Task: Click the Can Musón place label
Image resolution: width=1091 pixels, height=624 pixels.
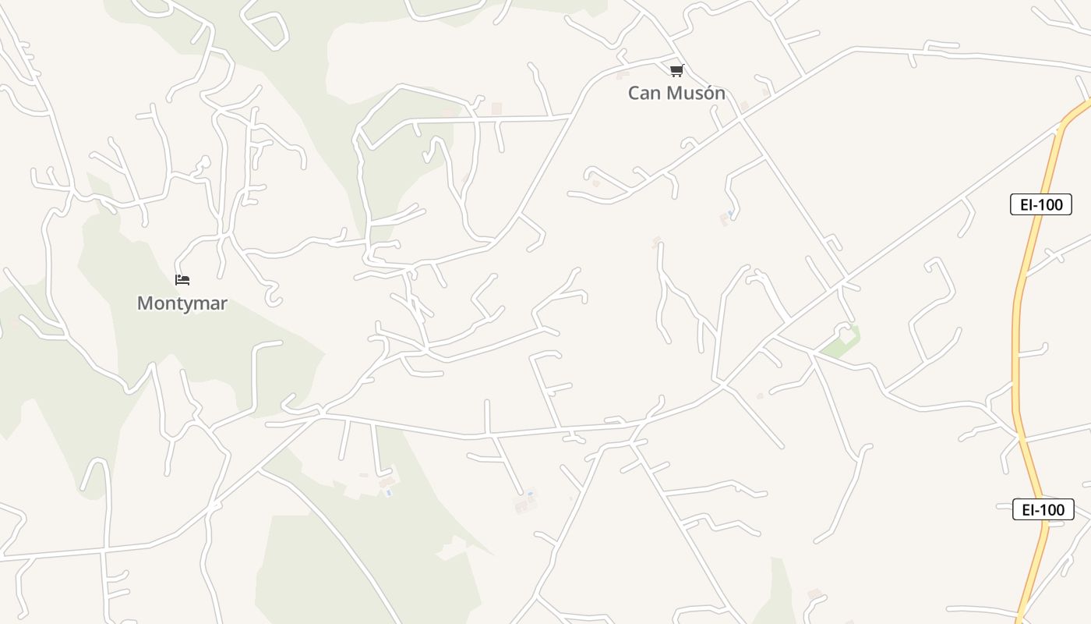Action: click(x=676, y=93)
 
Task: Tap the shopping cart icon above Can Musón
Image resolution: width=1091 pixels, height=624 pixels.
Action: click(x=676, y=71)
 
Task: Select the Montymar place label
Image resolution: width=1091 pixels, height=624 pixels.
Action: click(x=182, y=303)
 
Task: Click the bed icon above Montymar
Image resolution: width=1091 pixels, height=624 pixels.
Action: click(x=182, y=279)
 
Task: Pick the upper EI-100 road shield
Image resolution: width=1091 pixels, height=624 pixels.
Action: click(x=1040, y=204)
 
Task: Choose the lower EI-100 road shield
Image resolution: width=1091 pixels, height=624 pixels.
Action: click(x=1043, y=509)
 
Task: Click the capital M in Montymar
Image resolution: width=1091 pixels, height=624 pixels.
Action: click(x=145, y=303)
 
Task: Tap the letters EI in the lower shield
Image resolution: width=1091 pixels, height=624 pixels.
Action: click(x=1027, y=509)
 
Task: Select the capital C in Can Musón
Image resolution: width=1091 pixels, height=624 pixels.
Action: click(x=634, y=93)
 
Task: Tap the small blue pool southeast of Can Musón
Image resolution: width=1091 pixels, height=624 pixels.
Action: click(x=730, y=212)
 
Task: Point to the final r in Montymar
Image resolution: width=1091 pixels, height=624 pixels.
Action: click(x=224, y=303)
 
